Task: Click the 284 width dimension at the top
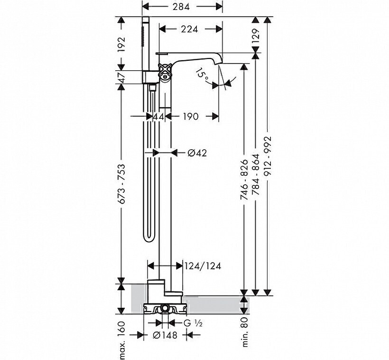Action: (x=181, y=7)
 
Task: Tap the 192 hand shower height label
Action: (x=122, y=45)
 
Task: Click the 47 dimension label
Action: (x=122, y=77)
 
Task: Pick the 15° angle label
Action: (x=202, y=74)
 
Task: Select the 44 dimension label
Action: (x=159, y=116)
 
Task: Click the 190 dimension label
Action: (x=190, y=116)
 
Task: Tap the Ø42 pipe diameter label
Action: (x=197, y=153)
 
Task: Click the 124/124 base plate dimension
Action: (x=203, y=266)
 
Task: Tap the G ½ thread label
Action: (x=193, y=323)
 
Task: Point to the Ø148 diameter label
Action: (x=165, y=335)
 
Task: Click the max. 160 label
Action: (x=122, y=341)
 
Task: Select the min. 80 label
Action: (x=245, y=332)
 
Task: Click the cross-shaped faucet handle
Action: (x=165, y=71)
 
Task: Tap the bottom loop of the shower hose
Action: (x=149, y=239)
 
